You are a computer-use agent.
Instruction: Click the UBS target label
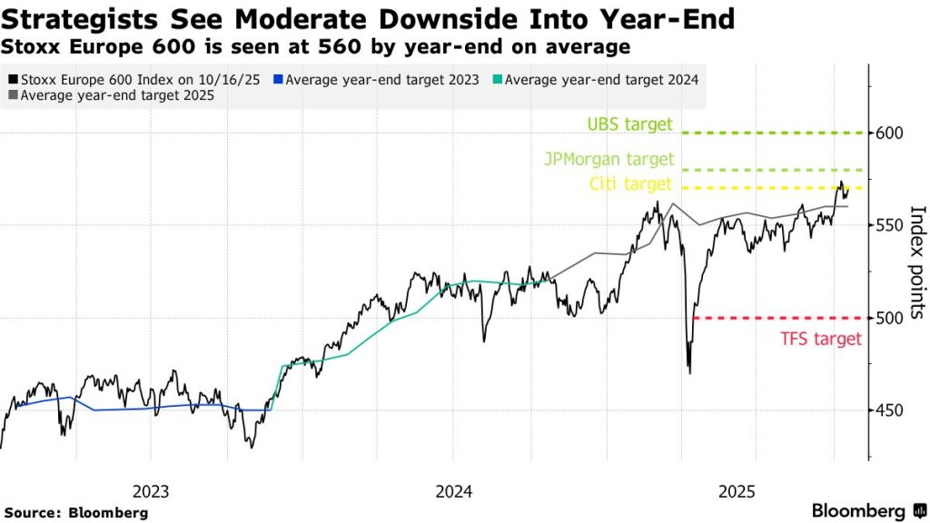629,124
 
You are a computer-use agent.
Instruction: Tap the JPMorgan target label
609,159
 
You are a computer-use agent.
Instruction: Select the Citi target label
629,184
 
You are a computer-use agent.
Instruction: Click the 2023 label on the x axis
151,491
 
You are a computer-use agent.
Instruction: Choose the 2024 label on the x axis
452,491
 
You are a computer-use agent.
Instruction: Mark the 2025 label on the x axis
737,491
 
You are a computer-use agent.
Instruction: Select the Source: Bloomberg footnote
75,513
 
